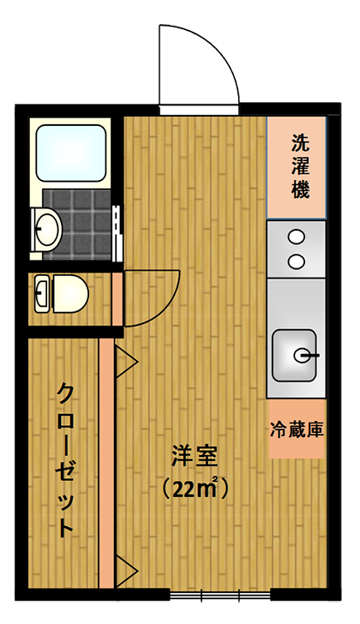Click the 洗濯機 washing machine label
[x=300, y=166]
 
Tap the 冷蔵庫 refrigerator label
[x=297, y=429]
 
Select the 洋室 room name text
[x=194, y=456]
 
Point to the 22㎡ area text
[x=195, y=489]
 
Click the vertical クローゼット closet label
[x=65, y=460]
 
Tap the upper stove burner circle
[x=297, y=237]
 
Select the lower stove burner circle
[x=297, y=261]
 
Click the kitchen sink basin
[x=295, y=356]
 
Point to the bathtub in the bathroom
[x=71, y=153]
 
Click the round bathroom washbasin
[x=47, y=229]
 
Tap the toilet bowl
[x=69, y=293]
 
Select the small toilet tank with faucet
[x=42, y=293]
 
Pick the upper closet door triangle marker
[x=126, y=362]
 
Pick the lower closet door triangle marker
[x=126, y=572]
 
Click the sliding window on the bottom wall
[x=220, y=596]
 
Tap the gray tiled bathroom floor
[x=77, y=225]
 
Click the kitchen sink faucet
[x=306, y=353]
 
